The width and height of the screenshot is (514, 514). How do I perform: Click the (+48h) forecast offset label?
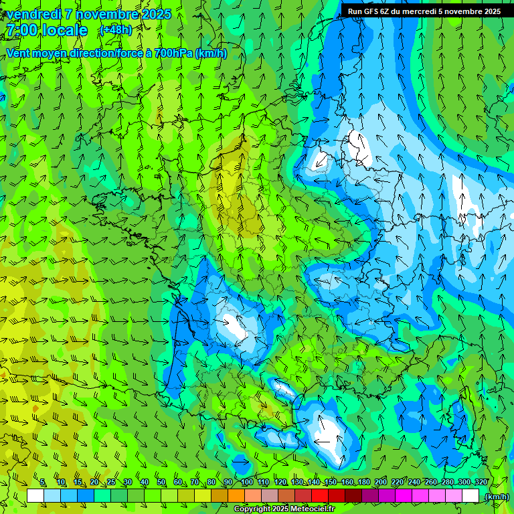(x=115, y=29)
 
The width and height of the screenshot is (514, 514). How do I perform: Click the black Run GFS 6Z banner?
(x=424, y=11)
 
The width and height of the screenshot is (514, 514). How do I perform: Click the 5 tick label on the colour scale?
(x=43, y=483)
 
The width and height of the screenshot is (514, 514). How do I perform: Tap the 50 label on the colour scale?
(x=161, y=483)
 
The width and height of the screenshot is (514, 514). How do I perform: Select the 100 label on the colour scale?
(x=246, y=483)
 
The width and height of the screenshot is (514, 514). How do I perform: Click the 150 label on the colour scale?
(x=331, y=483)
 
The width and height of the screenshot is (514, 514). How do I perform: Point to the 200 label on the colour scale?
(x=381, y=483)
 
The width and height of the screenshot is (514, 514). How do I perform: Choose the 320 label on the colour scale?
(x=481, y=483)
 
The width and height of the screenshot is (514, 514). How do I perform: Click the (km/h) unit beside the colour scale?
(x=497, y=497)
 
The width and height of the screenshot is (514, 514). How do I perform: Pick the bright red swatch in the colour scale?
(x=320, y=496)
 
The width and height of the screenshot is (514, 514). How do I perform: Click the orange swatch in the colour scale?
(x=236, y=496)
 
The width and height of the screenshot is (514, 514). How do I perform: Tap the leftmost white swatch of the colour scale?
(x=35, y=496)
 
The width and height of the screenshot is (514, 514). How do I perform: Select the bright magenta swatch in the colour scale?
(x=404, y=496)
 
